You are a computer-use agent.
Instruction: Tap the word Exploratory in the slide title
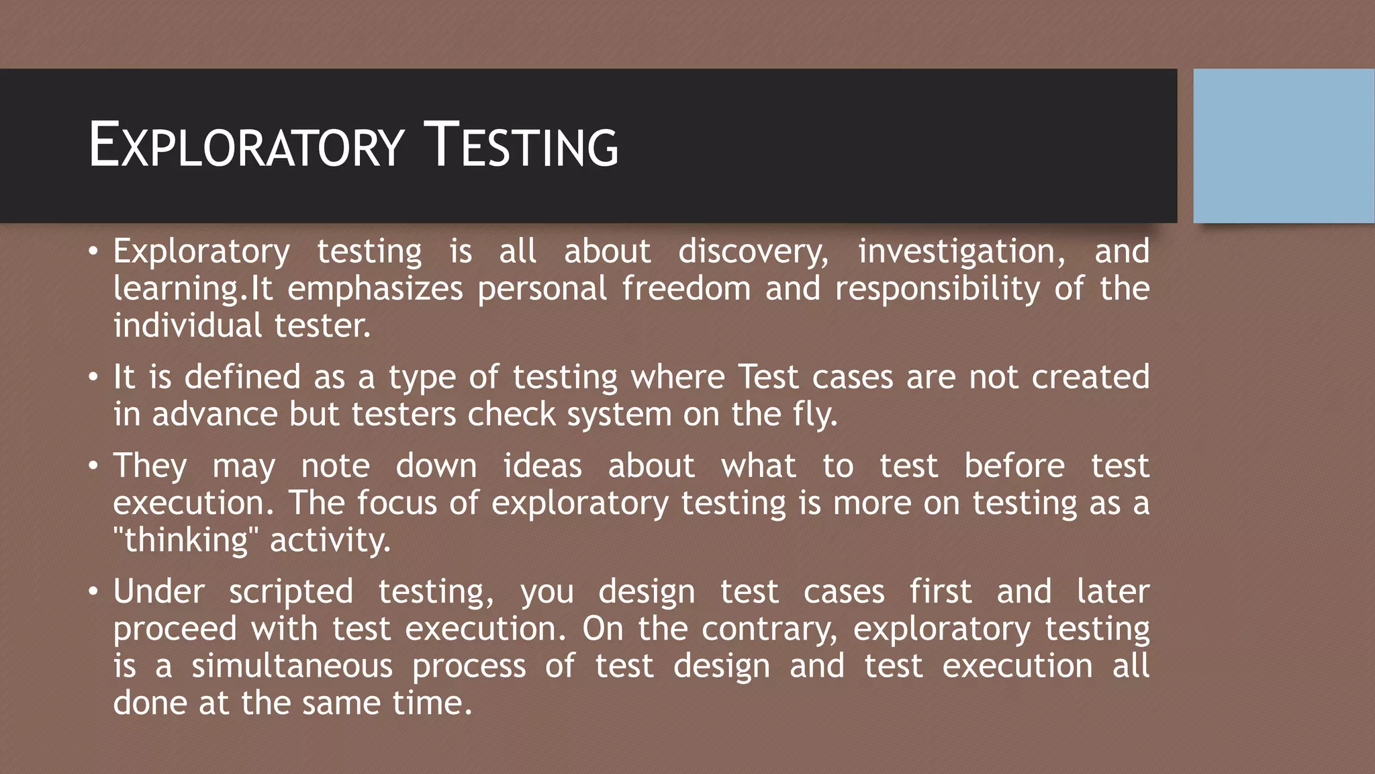[246, 146]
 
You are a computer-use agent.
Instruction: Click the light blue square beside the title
[1284, 146]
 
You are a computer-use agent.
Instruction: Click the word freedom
[686, 289]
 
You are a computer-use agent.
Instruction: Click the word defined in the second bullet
[242, 377]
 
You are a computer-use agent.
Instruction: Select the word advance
[215, 414]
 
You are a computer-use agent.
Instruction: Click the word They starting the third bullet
[150, 466]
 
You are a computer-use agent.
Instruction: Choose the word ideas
[542, 466]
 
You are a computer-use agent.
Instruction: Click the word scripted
[291, 592]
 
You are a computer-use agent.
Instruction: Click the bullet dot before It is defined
[93, 378]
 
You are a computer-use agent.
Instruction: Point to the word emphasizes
[375, 289]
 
